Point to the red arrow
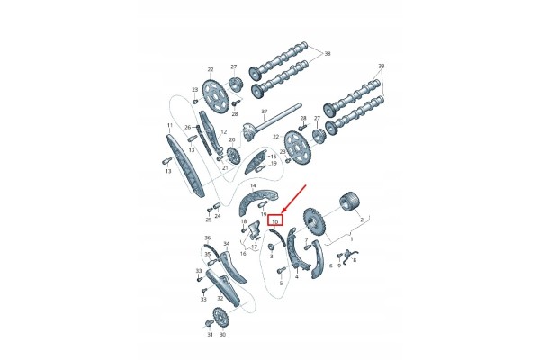(293, 199)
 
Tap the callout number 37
(265, 112)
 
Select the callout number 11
(169, 125)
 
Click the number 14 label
(253, 185)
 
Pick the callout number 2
(362, 220)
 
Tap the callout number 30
(222, 335)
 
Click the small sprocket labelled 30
(220, 318)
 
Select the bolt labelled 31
(209, 323)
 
